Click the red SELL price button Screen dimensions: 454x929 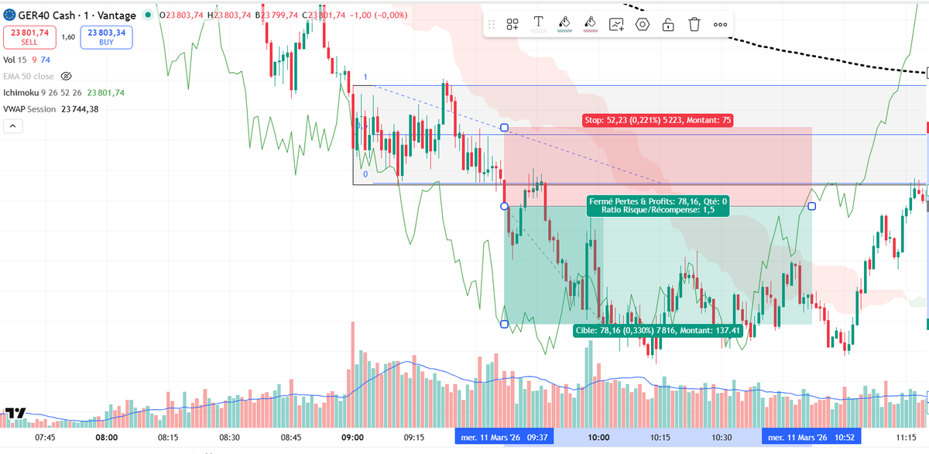pos(25,36)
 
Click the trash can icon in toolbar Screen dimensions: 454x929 pos(694,24)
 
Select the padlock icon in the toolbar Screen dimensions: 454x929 pos(667,24)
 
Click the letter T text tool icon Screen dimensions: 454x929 pos(538,24)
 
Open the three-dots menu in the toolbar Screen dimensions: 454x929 pos(720,24)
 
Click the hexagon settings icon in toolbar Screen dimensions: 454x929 pos(642,24)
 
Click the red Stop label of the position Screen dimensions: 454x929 pos(657,120)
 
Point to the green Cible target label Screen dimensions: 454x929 pos(658,330)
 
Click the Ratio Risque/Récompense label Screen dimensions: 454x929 pos(656,210)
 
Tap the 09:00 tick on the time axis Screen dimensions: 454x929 pos(353,437)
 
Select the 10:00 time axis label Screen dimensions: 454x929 pos(598,437)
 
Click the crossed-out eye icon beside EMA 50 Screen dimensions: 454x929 pos(66,76)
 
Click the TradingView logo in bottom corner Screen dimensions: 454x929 pos(15,414)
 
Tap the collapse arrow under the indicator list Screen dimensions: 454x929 pos(14,126)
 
